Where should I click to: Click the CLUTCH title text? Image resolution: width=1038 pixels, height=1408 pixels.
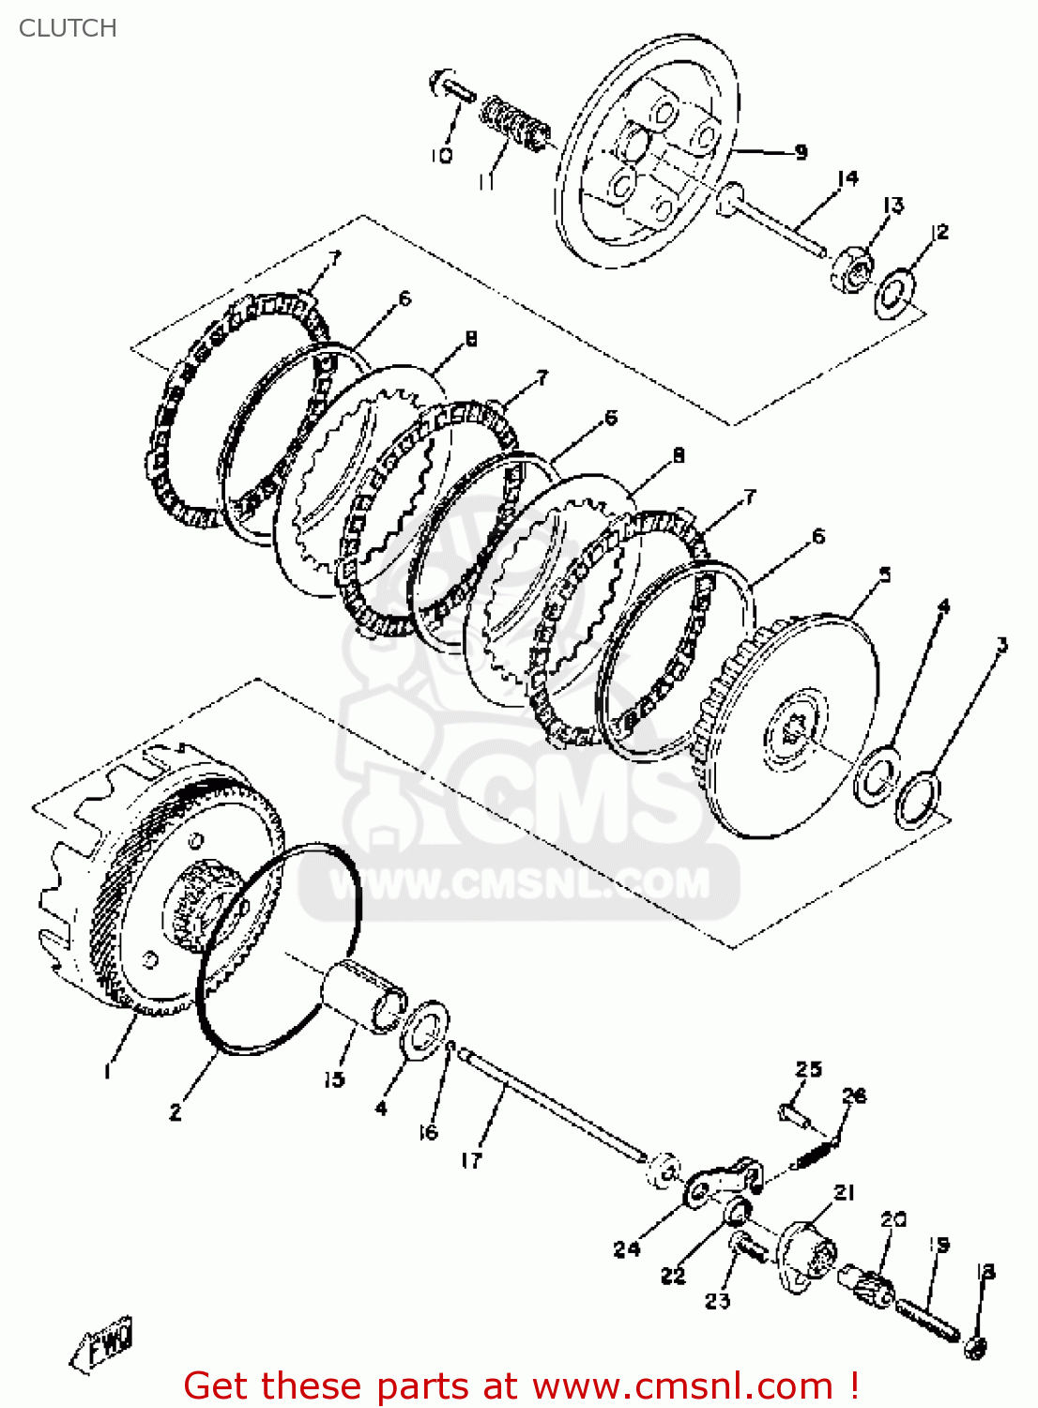68,28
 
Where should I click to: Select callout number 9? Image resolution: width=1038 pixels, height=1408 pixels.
801,151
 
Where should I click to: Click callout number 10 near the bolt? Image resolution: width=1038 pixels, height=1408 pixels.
442,155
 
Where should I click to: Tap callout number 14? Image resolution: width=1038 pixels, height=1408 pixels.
847,177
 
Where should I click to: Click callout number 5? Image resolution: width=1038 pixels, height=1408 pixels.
884,574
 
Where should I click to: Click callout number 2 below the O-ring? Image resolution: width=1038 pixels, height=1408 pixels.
176,1112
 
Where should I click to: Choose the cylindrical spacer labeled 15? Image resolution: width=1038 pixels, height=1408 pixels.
361,997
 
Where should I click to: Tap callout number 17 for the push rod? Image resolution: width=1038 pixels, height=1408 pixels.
471,1160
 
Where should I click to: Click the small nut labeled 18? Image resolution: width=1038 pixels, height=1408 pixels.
975,1348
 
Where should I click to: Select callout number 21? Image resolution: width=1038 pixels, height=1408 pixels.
845,1192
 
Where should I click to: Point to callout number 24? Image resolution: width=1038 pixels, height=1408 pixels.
627,1248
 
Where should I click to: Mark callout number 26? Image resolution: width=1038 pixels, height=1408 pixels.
854,1095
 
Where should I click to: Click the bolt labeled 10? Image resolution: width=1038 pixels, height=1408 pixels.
450,87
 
